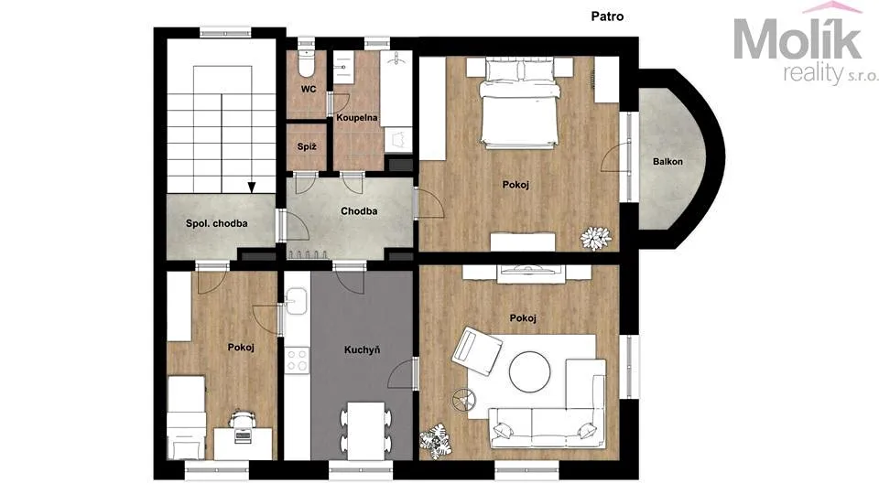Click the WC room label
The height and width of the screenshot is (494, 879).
309,89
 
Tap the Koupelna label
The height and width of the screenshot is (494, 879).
357,118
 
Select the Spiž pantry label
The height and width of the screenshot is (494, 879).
307,146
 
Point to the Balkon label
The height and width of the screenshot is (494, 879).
667,161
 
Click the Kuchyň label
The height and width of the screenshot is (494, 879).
363,350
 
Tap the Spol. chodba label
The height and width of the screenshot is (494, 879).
216,223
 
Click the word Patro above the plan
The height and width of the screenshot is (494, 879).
607,16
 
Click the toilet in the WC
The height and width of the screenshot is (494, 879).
306,63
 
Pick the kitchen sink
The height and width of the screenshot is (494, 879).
296,302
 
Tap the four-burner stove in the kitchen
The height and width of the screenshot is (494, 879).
297,360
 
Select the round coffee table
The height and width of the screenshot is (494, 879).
530,371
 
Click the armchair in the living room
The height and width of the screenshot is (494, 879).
476,351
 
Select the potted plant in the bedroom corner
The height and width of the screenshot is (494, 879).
595,238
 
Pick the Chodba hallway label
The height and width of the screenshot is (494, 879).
359,211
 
